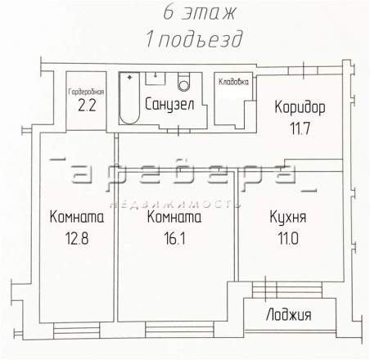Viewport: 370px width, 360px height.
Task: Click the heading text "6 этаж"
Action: point(199,13)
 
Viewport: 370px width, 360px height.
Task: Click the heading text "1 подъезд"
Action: point(194,39)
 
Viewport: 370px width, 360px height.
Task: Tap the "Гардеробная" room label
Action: point(86,92)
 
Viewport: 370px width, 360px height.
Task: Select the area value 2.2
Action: point(87,106)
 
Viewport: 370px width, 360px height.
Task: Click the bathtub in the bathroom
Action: point(129,98)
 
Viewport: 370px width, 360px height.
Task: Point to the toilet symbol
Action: point(184,82)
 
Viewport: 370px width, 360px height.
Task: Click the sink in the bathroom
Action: point(156,79)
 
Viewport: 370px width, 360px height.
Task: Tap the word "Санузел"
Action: point(169,104)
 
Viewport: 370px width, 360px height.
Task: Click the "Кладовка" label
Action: point(233,82)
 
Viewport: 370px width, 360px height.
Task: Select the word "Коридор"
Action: point(300,107)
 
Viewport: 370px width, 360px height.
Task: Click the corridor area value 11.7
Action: point(300,128)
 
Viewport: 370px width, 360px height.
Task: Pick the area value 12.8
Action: point(77,239)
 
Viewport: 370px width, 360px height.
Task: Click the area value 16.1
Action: point(174,239)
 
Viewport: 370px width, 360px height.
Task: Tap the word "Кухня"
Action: point(288,218)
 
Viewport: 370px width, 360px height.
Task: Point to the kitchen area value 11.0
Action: point(288,239)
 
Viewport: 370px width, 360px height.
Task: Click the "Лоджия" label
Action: point(288,315)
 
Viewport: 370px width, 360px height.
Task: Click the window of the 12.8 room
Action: point(77,331)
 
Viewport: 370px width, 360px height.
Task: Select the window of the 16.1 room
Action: point(179,330)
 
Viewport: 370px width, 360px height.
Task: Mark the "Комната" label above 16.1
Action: point(174,218)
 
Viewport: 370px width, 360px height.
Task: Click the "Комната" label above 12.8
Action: point(77,218)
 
